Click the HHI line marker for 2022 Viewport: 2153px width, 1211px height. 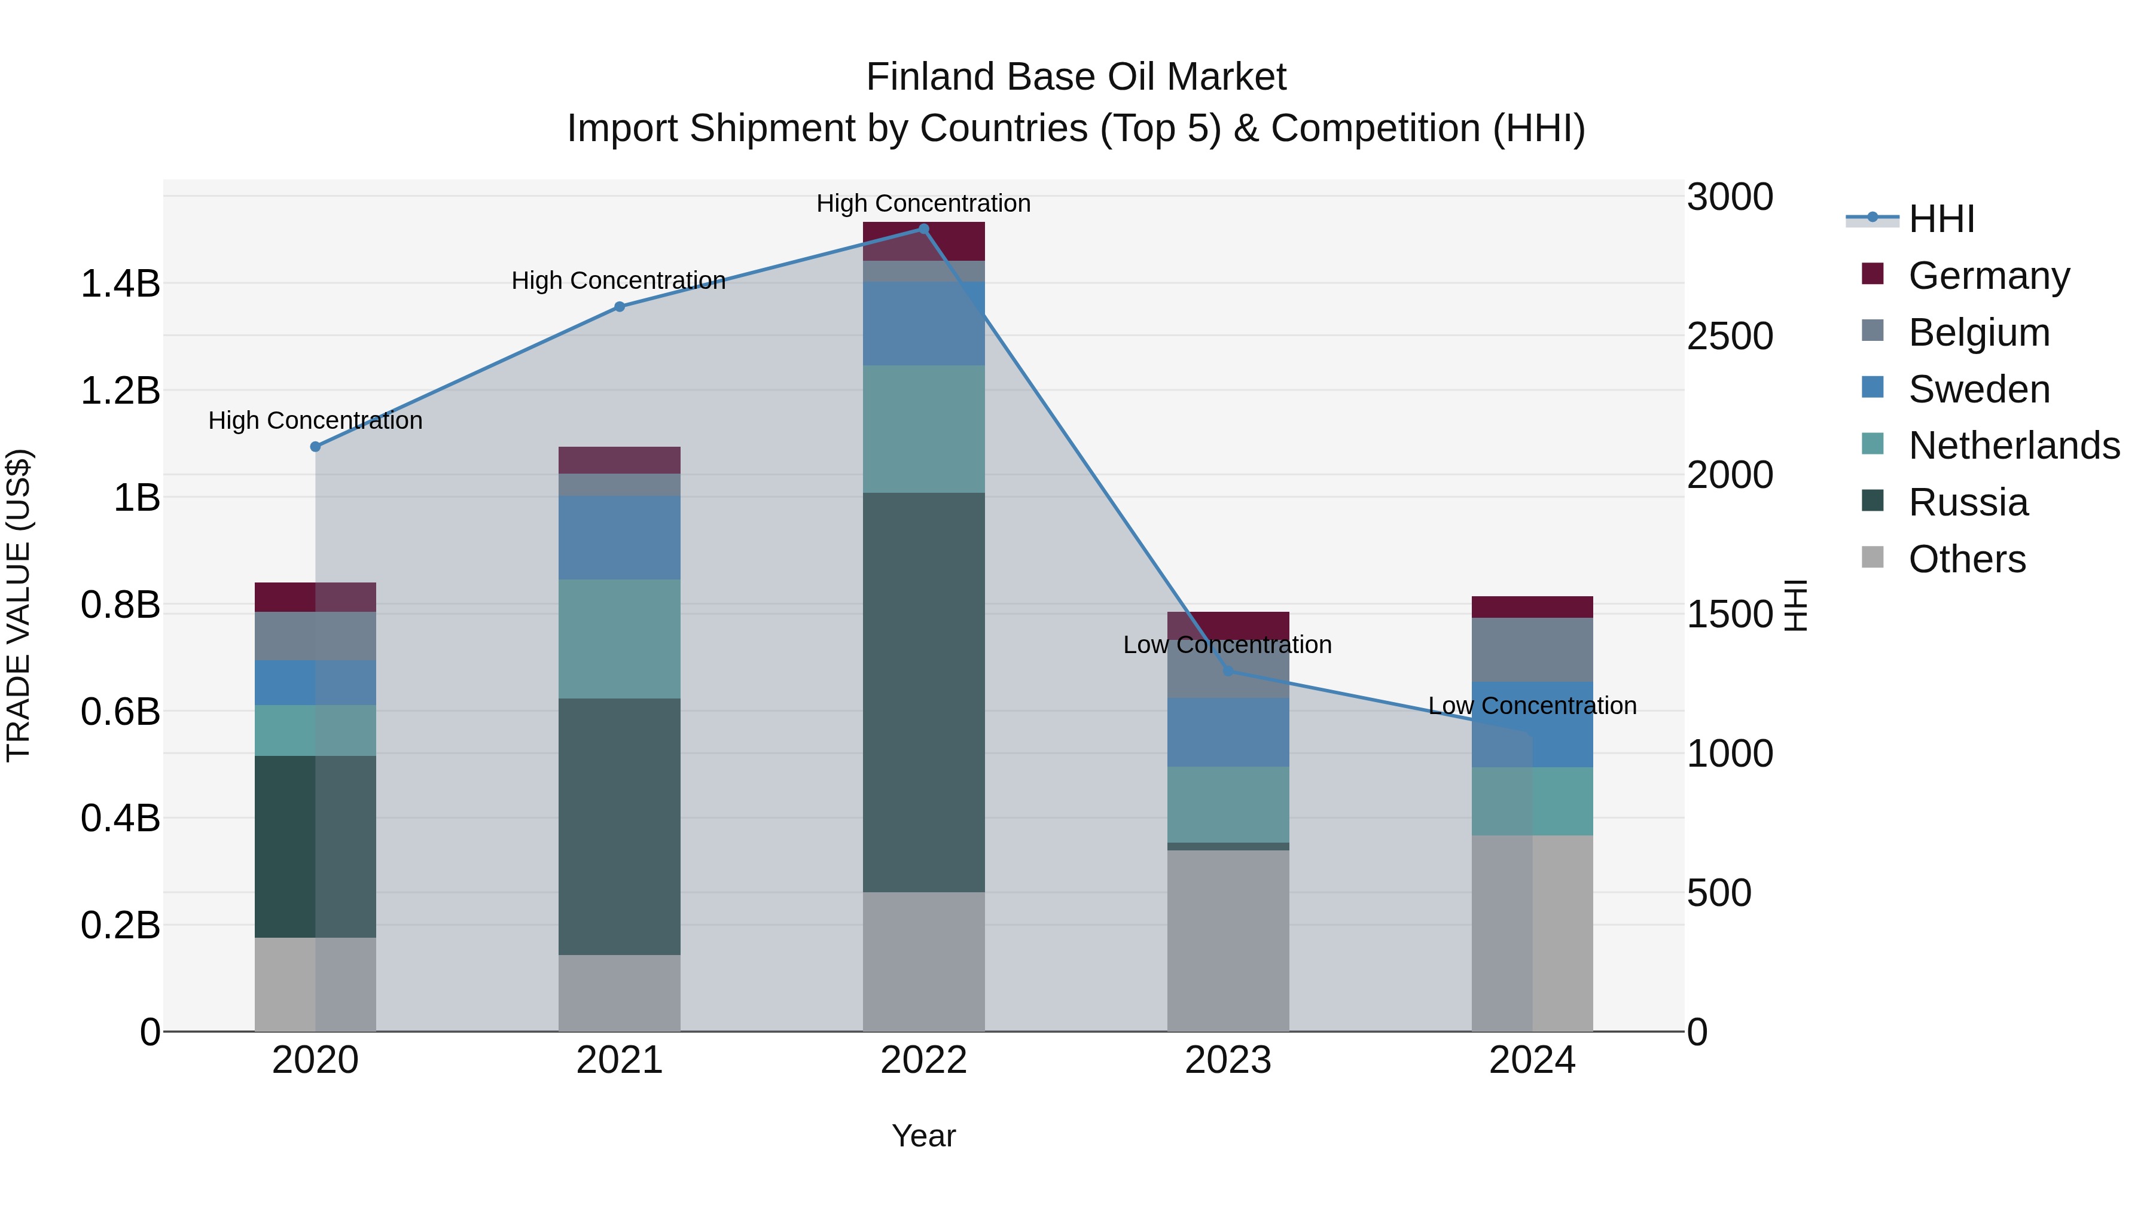923,229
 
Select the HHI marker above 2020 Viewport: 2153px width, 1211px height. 315,447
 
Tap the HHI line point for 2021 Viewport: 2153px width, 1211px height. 620,307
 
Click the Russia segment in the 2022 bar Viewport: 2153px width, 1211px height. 923,692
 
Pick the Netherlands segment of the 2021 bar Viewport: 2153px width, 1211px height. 620,639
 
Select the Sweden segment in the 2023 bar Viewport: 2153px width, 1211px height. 1228,732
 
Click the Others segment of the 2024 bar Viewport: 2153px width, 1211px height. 1532,933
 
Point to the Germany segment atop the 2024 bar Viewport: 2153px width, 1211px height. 1532,607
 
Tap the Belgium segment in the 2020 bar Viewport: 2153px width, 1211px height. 315,636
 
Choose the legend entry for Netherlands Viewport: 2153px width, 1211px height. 2014,446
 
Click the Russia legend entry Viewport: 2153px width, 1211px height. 1968,502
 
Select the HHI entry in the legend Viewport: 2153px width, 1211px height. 1941,219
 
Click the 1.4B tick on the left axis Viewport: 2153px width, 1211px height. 120,284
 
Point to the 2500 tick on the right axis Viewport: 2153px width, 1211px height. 1729,336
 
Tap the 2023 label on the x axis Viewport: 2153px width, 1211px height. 1228,1060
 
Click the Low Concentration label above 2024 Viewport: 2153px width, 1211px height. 1532,706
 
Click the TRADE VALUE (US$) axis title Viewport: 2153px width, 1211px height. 19,605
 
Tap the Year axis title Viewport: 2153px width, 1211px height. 923,1136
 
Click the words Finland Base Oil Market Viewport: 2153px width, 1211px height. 1076,77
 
